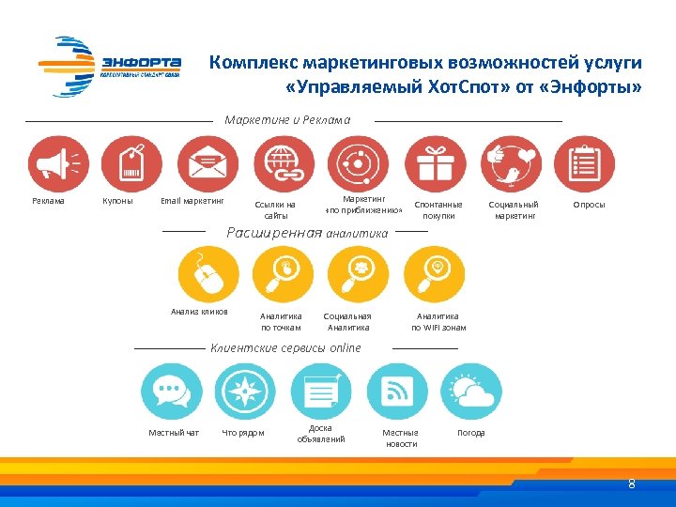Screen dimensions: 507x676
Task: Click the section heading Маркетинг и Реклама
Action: [287, 120]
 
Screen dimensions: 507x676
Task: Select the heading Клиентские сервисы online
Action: [285, 348]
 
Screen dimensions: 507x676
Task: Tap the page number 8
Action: [631, 484]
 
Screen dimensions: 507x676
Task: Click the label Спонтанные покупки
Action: [438, 209]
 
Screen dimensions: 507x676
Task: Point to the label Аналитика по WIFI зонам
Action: [438, 322]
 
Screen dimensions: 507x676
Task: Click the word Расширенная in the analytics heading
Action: [275, 232]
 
